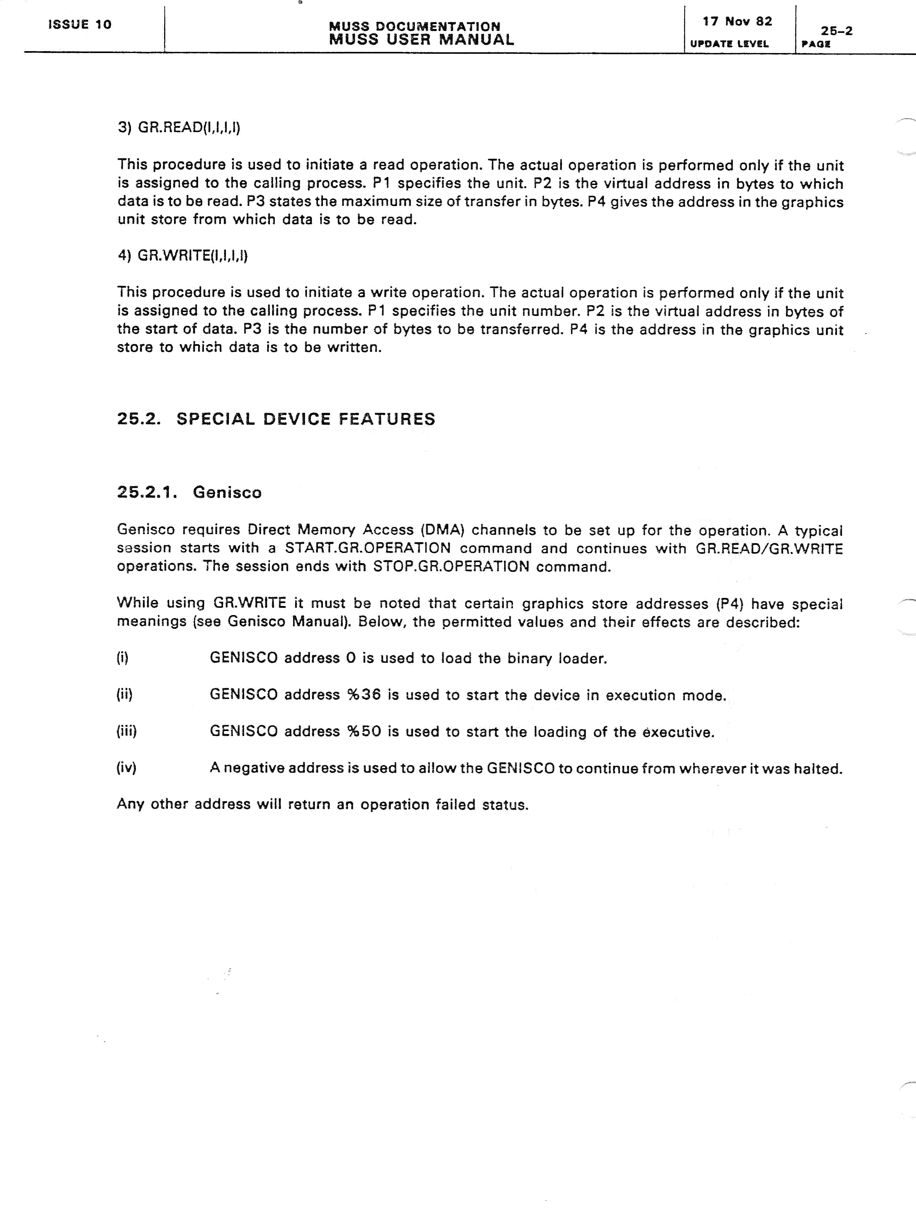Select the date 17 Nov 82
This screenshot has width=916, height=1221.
tap(737, 21)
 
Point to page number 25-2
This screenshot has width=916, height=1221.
tap(837, 31)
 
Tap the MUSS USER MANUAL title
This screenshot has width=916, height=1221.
tap(421, 40)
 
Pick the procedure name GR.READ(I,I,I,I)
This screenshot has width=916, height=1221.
tap(189, 127)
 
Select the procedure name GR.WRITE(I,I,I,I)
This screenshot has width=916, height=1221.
tap(192, 256)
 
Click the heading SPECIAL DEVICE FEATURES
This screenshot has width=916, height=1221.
tap(306, 419)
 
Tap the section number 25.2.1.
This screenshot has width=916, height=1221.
tap(147, 492)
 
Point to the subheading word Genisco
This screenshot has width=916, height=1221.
tap(227, 492)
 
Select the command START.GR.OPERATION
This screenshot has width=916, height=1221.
tap(368, 548)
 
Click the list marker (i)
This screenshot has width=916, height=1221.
tap(123, 658)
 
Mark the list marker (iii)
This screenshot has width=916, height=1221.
tap(126, 731)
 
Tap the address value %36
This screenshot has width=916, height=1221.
tap(364, 695)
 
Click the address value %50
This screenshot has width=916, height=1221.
tap(364, 731)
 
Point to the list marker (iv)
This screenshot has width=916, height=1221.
tap(126, 768)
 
